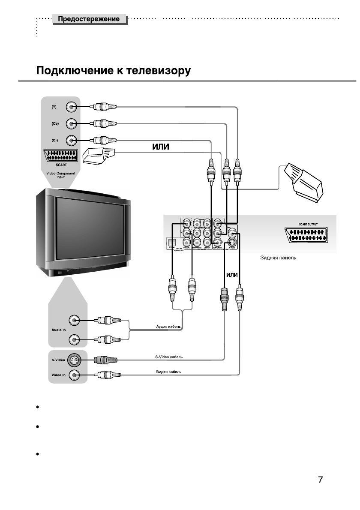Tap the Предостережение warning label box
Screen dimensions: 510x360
(x=89, y=19)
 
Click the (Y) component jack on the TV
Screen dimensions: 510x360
(x=72, y=107)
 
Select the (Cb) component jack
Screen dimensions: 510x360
(x=72, y=123)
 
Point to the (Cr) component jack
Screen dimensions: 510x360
(x=72, y=140)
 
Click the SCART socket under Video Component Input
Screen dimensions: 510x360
(x=60, y=156)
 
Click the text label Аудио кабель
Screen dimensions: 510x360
(x=168, y=327)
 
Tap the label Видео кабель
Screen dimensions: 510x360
(x=168, y=372)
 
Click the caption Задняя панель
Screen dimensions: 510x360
(x=278, y=258)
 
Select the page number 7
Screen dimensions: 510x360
(x=320, y=479)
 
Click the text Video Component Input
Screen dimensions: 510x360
(x=60, y=174)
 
